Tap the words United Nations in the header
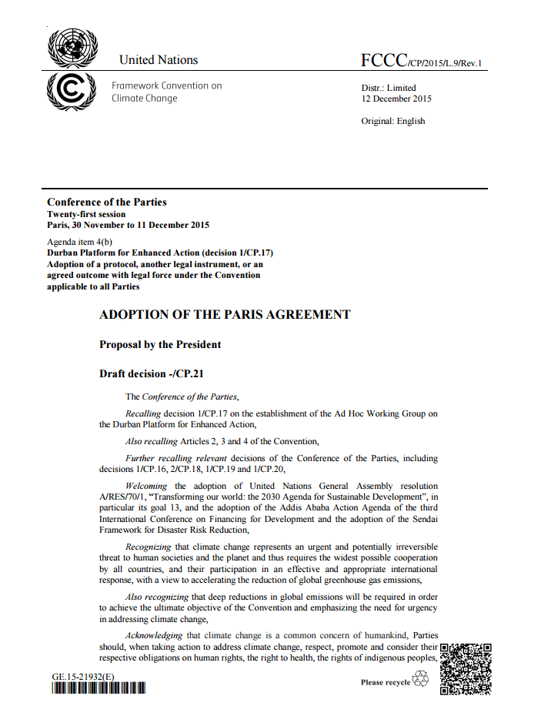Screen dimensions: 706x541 click(159, 60)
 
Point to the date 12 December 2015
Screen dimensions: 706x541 click(396, 99)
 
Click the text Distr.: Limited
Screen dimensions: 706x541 click(389, 88)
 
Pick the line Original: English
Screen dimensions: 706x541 click(392, 121)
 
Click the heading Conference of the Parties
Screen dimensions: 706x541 click(107, 202)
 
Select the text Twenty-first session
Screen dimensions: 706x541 click(86, 214)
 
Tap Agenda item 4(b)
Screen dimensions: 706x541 click(80, 242)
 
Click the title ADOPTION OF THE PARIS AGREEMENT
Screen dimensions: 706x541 click(225, 315)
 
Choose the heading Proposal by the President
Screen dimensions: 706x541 click(160, 345)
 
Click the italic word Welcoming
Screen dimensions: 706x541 click(148, 486)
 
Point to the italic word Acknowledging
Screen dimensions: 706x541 click(154, 635)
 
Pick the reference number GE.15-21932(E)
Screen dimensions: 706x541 click(83, 677)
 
